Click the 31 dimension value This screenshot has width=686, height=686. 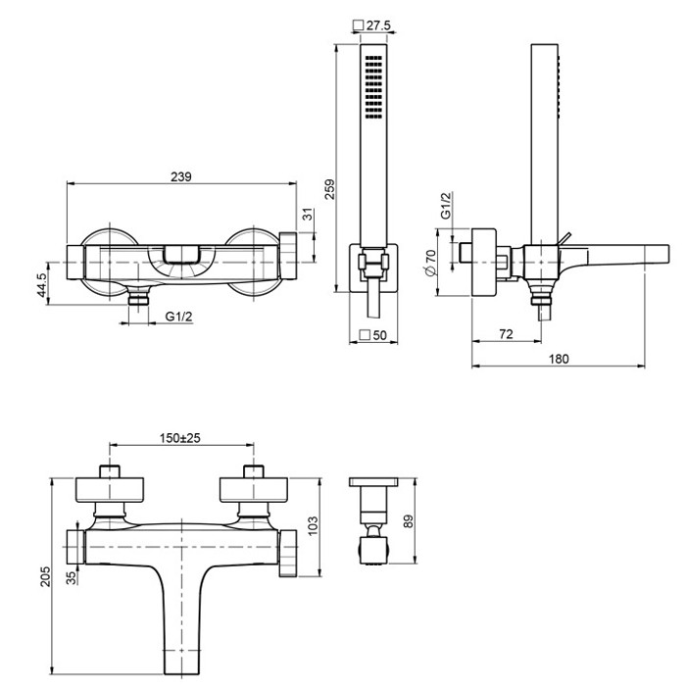307,213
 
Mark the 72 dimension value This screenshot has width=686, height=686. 506,334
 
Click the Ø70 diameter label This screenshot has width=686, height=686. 429,263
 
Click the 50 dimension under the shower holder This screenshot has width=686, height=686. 378,335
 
